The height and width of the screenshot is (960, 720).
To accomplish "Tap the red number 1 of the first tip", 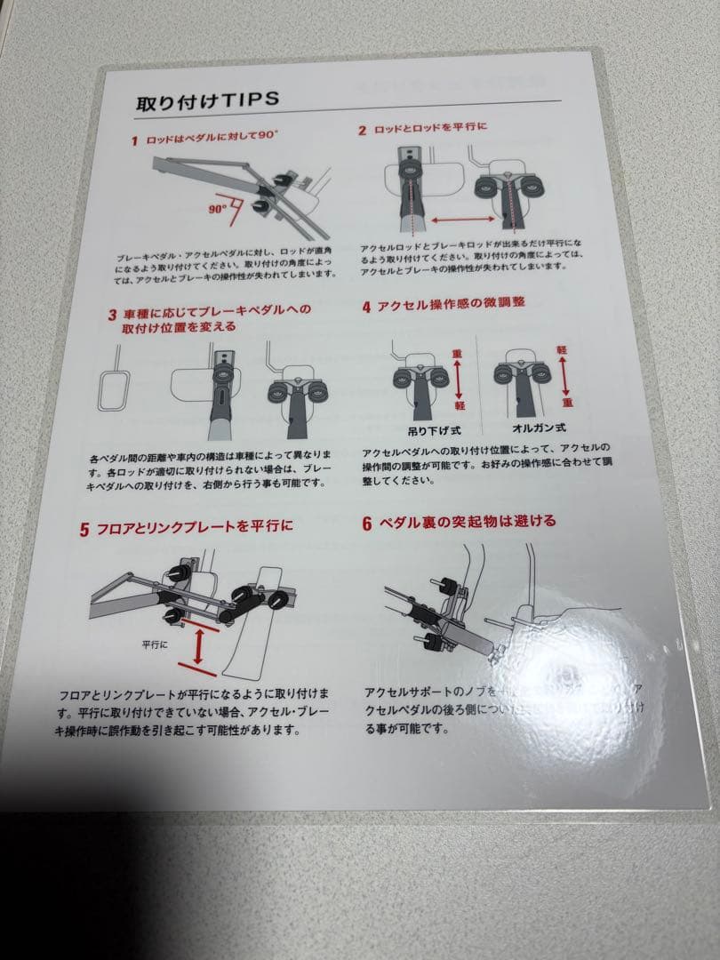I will (134, 140).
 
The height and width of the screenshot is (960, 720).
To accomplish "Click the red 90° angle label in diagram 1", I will (218, 210).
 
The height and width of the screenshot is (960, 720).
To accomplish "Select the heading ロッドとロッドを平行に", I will (431, 129).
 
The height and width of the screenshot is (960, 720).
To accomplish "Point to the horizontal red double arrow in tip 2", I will (462, 218).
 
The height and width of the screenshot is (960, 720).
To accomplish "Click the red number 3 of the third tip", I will (113, 314).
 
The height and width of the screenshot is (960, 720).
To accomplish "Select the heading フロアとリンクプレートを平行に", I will (195, 527).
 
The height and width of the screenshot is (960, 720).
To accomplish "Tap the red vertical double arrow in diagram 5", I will (197, 648).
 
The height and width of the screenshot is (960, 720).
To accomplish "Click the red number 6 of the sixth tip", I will (366, 523).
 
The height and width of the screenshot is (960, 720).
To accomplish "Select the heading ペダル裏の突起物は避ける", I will (468, 521).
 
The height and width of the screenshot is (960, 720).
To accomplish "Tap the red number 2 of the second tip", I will (363, 131).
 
